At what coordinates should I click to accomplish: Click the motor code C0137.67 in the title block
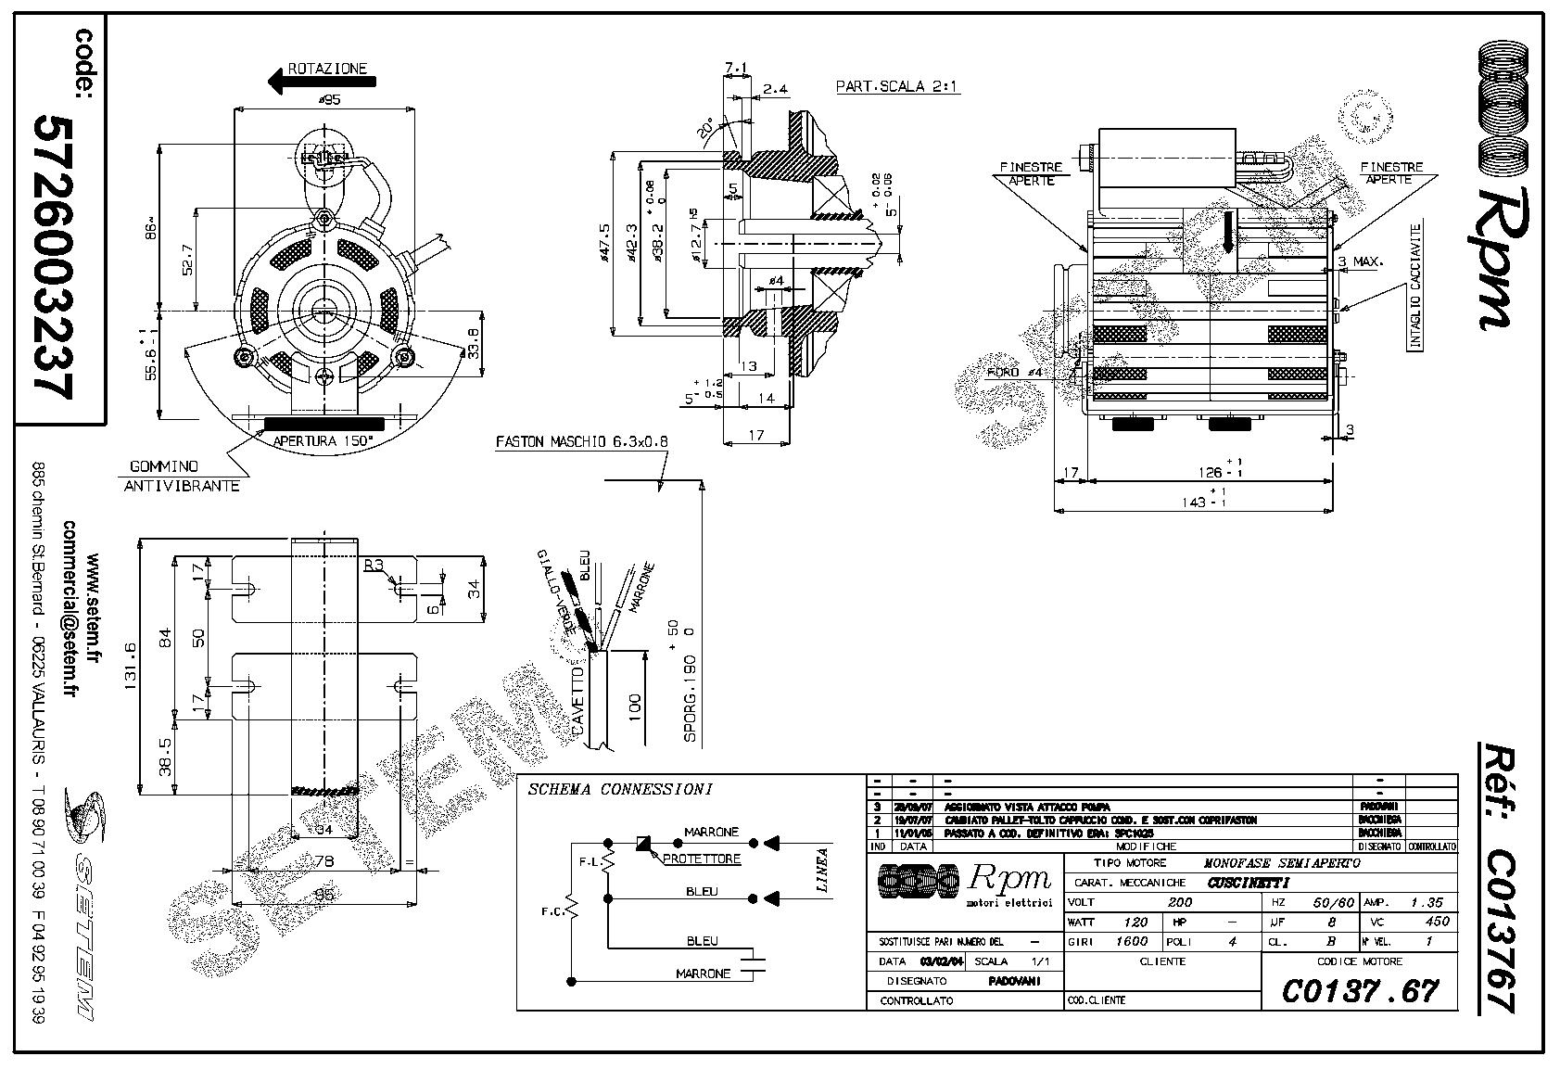click(x=1360, y=990)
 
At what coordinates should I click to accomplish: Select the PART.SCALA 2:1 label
click(x=897, y=87)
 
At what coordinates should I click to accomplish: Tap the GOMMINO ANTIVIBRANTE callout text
click(x=182, y=477)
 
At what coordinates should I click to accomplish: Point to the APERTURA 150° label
click(x=323, y=440)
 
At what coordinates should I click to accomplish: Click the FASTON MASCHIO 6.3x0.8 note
click(x=581, y=441)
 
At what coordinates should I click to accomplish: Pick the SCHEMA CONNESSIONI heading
click(x=620, y=790)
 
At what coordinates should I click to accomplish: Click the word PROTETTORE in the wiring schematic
click(x=702, y=859)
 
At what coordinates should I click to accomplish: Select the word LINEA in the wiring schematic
click(x=822, y=870)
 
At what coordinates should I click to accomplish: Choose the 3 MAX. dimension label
click(x=1360, y=261)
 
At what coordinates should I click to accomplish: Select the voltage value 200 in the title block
click(x=1179, y=902)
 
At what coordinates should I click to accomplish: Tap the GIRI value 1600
click(x=1131, y=941)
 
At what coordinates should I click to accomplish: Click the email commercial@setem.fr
click(x=70, y=611)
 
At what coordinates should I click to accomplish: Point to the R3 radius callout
click(x=374, y=565)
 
